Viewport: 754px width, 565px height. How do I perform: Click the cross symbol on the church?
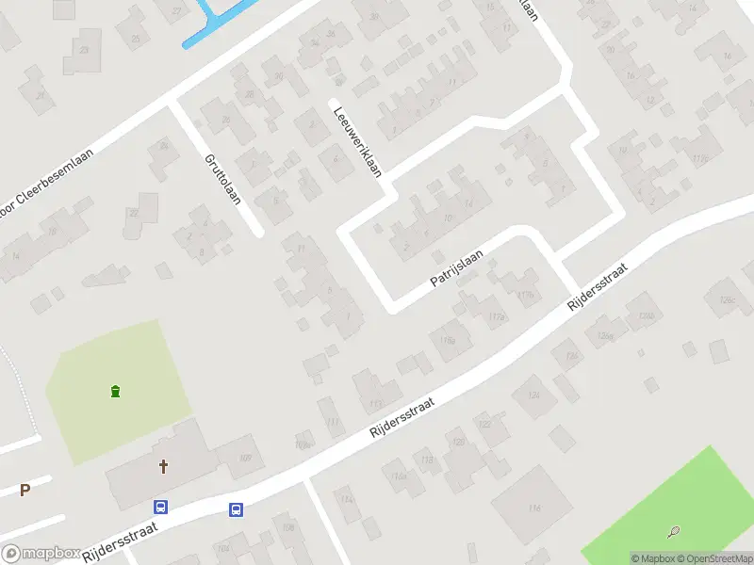click(164, 465)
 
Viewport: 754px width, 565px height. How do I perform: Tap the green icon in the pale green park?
click(115, 391)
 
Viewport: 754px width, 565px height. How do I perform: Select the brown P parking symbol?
click(25, 490)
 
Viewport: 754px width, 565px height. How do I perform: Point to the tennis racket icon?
click(674, 532)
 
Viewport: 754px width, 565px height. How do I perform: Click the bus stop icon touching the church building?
click(161, 507)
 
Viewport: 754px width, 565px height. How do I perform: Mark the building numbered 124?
click(534, 394)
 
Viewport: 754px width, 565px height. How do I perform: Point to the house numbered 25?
click(135, 38)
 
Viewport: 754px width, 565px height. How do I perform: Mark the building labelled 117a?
click(496, 316)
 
